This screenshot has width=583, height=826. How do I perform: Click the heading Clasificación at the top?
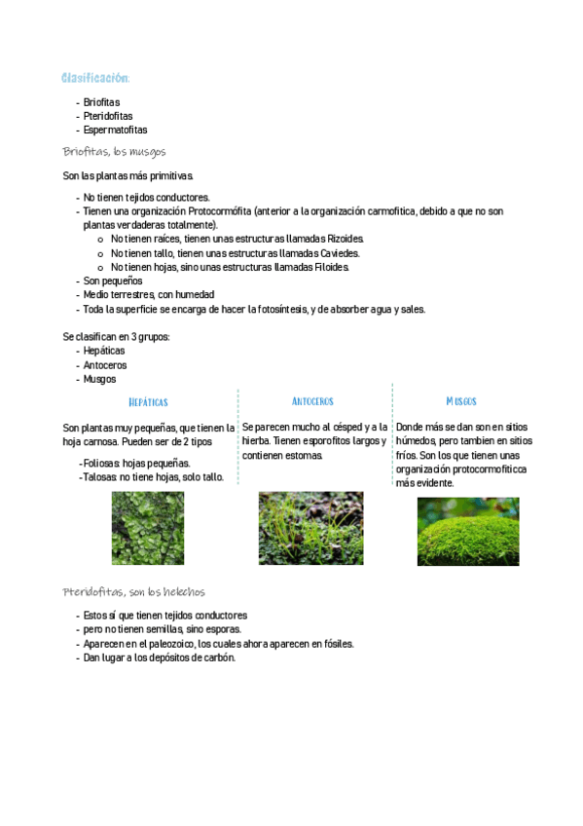[x=95, y=78]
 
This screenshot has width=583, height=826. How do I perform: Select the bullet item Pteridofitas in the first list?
[x=108, y=116]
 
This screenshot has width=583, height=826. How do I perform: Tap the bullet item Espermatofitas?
[x=115, y=130]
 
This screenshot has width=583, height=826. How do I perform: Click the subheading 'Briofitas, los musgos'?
[x=114, y=152]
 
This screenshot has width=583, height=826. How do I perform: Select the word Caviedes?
[x=338, y=253]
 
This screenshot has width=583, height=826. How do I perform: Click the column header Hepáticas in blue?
[x=148, y=402]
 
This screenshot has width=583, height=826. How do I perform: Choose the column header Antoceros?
[x=312, y=401]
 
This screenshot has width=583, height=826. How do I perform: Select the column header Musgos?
[x=461, y=401]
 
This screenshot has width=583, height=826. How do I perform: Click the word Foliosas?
[x=100, y=464]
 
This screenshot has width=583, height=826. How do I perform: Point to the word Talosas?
[x=99, y=477]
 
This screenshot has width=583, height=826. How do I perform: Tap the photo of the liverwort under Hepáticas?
[x=148, y=528]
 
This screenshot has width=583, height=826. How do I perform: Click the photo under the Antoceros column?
[x=310, y=528]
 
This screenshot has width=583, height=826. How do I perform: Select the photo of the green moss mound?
[x=468, y=532]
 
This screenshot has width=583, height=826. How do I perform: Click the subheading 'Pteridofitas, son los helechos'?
[x=133, y=592]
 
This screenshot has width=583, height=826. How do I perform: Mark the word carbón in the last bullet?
[x=218, y=657]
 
